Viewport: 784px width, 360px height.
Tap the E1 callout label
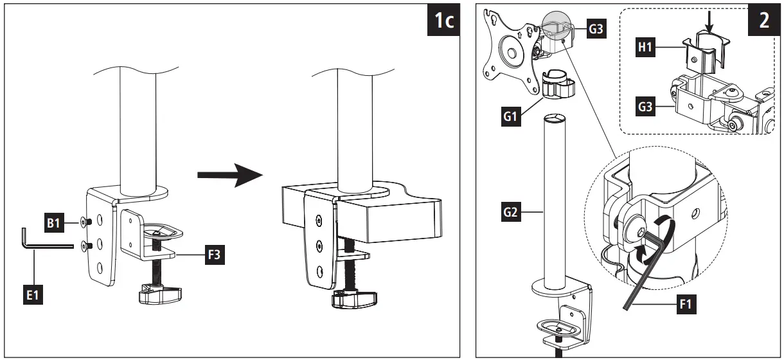pos(33,297)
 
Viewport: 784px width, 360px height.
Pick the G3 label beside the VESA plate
pos(596,30)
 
